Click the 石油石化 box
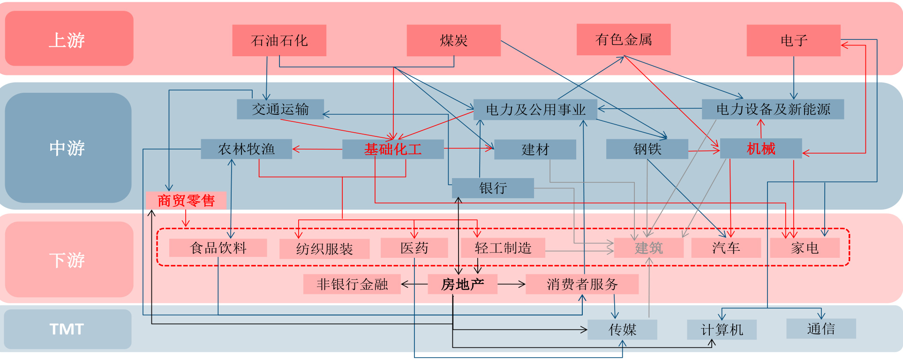coord(279,41)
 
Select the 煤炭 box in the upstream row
coord(453,41)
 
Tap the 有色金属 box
coord(623,40)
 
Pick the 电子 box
coord(793,41)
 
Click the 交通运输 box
coord(280,109)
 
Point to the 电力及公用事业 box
coord(535,110)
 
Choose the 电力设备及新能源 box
coord(773,109)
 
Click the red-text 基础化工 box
coord(393,149)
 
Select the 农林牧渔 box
coord(246,149)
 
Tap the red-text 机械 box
coord(760,149)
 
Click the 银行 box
coord(493,188)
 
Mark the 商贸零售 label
coord(186,201)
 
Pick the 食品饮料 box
coord(218,247)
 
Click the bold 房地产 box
coord(462,284)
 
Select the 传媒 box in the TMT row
coord(622,330)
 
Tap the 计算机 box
coord(722,330)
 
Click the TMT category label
coord(68,329)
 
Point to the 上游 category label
coord(69,39)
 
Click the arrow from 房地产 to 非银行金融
coord(414,284)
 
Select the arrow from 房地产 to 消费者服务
coord(512,284)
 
